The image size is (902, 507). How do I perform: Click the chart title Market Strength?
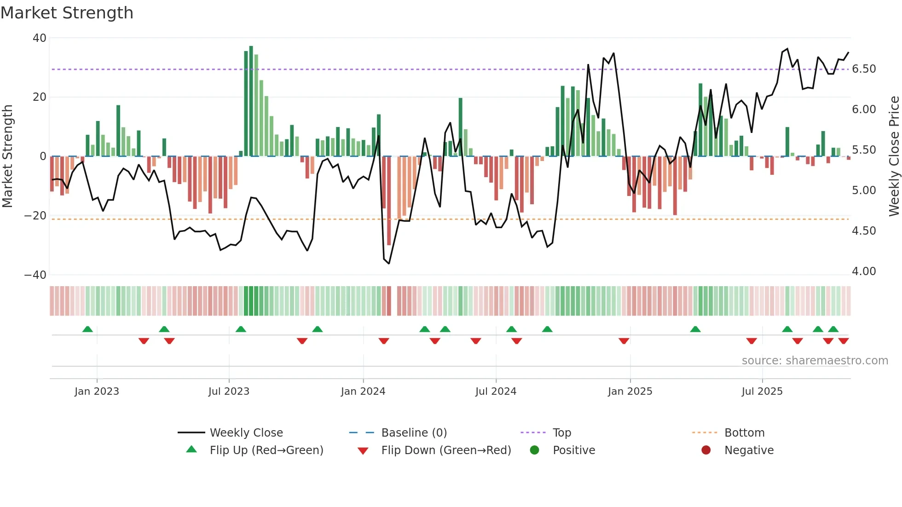pyautogui.click(x=67, y=13)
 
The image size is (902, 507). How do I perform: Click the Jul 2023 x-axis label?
pyautogui.click(x=229, y=391)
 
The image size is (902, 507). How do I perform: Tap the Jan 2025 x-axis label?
pyautogui.click(x=630, y=391)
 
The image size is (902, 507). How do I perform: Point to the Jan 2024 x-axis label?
pyautogui.click(x=363, y=391)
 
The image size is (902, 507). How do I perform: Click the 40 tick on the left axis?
pyautogui.click(x=40, y=38)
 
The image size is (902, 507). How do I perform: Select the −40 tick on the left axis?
pyautogui.click(x=35, y=275)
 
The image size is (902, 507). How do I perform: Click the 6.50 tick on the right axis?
pyautogui.click(x=864, y=69)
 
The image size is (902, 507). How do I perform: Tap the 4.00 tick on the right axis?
pyautogui.click(x=864, y=271)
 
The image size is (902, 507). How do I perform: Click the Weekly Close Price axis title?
pyautogui.click(x=894, y=156)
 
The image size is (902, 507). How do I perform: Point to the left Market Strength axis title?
pyautogui.click(x=8, y=156)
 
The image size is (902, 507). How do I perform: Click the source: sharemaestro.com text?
pyautogui.click(x=815, y=361)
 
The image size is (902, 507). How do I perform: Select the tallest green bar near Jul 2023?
pyautogui.click(x=251, y=101)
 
